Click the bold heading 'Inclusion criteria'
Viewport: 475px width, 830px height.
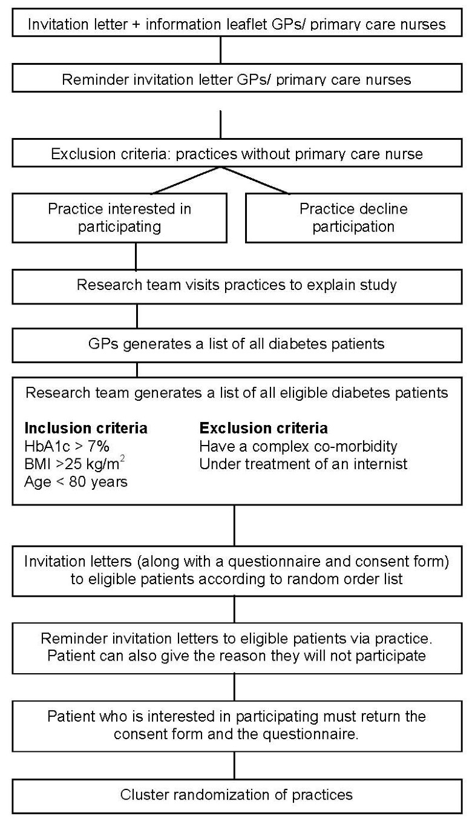pos(85,428)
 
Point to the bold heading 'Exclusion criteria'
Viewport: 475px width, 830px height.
pos(264,428)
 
